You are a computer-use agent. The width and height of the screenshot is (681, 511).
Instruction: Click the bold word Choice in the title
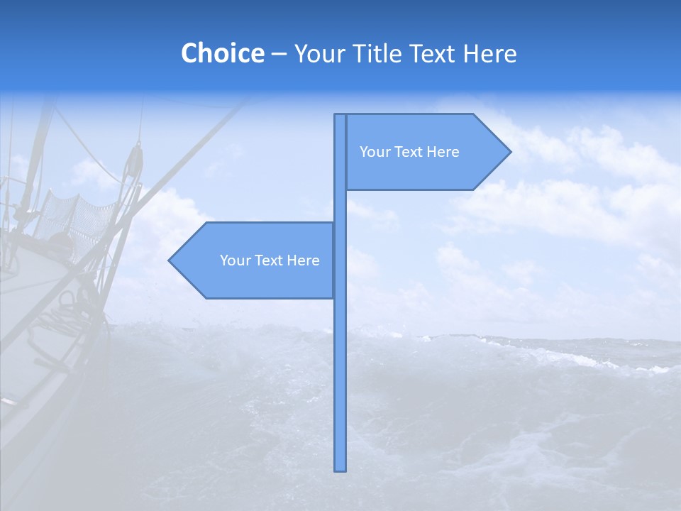coord(222,53)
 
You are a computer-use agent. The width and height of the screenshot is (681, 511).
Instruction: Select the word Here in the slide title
coord(489,53)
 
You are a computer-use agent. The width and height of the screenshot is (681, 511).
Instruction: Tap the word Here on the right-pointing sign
coord(443,152)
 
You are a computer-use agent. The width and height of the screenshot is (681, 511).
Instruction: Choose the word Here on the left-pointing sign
coord(303,260)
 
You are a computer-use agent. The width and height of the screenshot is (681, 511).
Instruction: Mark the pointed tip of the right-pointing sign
coord(509,151)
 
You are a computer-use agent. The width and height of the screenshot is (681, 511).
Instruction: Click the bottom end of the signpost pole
coord(340,469)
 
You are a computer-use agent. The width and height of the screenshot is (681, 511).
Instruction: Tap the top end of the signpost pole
coord(340,116)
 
